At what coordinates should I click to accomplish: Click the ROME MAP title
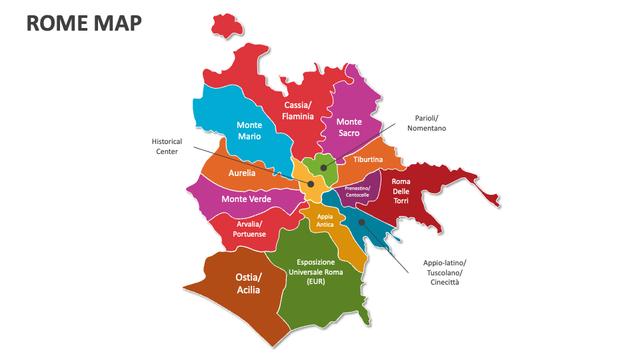pos(84,23)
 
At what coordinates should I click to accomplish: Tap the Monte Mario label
pos(249,131)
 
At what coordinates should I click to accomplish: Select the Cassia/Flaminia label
pos(297,111)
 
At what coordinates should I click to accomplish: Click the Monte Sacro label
pos(349,127)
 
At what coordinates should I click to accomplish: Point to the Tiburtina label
pos(368,160)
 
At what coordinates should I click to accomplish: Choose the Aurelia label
pos(242,173)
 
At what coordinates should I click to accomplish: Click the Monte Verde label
pos(246,199)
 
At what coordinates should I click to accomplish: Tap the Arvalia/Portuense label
pos(249,229)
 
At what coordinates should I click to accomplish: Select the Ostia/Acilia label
pos(249,283)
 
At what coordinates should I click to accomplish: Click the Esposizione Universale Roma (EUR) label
pos(315,272)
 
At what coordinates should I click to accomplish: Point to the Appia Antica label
pos(325,221)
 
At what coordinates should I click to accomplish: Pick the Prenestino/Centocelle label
pos(357,191)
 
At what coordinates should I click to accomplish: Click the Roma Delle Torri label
pos(401,191)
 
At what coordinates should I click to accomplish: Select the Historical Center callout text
pos(167,147)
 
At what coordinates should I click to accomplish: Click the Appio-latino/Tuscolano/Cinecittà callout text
pos(445,272)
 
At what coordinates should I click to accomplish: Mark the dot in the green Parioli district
pos(323,167)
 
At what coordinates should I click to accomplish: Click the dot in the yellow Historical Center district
pos(311,183)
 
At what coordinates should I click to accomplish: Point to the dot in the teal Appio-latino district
pos(361,222)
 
